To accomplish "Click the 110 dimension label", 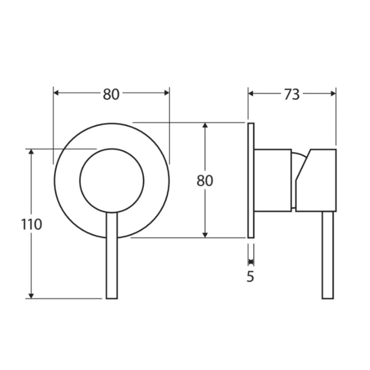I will [32, 224].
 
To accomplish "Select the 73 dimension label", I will [291, 95].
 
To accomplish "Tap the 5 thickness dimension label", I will [250, 276].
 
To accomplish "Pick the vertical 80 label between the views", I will [205, 181].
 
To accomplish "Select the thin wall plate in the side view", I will [251, 180].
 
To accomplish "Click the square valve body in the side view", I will [272, 180].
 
